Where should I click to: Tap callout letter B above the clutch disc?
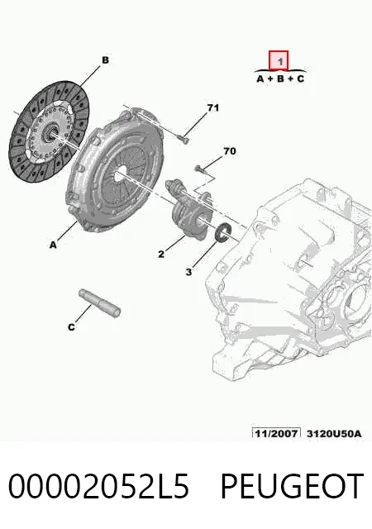coord(105,60)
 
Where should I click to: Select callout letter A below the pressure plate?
coord(53,245)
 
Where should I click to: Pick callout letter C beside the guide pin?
coord(71,327)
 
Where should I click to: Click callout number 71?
coord(212,107)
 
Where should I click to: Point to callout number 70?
coord(230,150)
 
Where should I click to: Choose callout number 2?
coord(161,254)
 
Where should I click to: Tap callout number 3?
coord(188,272)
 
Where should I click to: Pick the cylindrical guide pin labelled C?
coord(99,303)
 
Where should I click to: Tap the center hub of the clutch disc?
coord(50,132)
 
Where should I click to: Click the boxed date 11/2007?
coord(276,433)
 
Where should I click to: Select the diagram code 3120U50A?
coord(334,433)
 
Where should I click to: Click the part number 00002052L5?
coord(98,486)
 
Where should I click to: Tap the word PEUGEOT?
coord(293,486)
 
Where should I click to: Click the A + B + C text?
coord(280,79)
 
